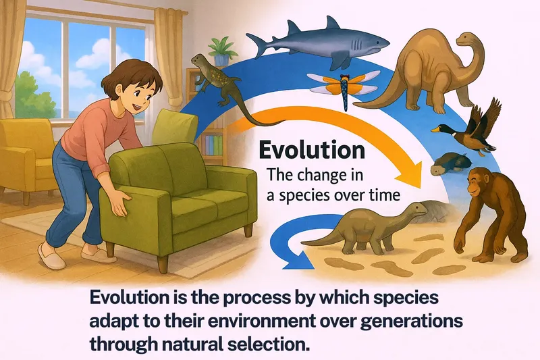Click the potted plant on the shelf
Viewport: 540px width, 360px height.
click(218, 49)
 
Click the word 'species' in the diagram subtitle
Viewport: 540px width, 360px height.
click(315, 195)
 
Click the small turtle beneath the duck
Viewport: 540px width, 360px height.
click(449, 163)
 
